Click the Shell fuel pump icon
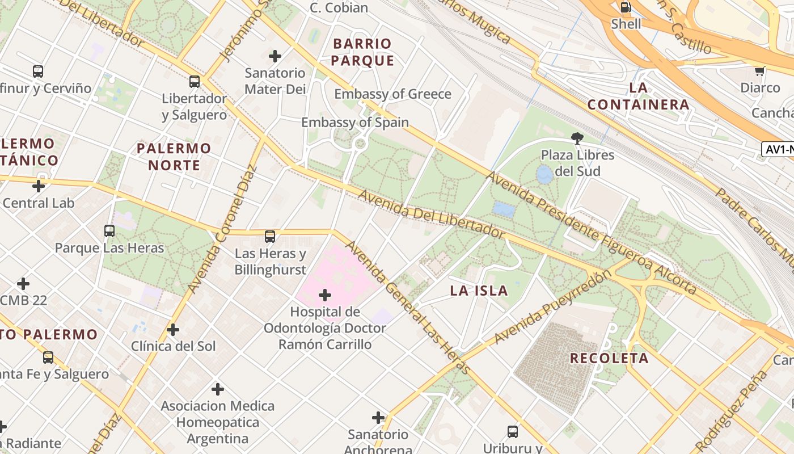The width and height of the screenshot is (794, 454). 626,7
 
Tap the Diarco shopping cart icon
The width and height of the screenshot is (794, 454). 759,71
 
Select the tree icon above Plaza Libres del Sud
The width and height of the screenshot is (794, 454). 577,138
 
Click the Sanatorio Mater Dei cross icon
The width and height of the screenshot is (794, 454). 275,56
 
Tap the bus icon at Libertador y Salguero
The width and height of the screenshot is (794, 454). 195,82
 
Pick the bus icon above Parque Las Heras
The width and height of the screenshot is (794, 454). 109,231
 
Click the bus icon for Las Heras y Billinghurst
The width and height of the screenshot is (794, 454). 270,237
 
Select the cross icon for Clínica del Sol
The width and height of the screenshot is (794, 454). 173,330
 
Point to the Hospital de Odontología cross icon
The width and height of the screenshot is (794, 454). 325,295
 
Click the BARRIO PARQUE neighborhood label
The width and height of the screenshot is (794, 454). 362,52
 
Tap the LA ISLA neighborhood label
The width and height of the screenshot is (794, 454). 479,291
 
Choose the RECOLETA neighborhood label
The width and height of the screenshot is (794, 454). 609,358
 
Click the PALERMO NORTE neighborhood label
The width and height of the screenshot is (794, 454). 174,157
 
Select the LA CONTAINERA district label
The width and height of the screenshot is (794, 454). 639,96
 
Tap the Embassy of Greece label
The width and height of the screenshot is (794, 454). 392,94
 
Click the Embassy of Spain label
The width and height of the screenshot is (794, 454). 355,123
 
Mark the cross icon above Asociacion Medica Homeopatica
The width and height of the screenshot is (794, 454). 218,389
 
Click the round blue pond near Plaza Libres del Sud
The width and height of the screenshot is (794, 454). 544,174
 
